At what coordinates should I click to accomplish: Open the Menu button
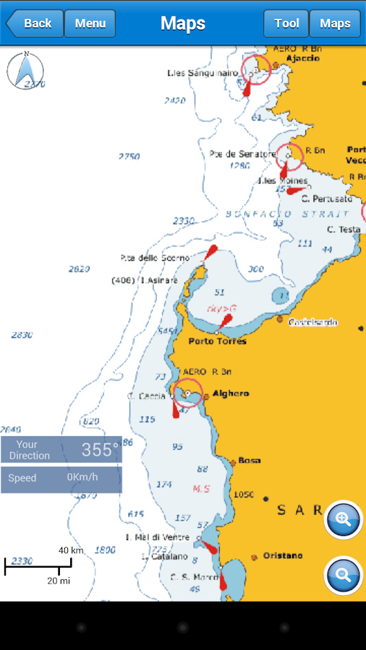tap(90, 23)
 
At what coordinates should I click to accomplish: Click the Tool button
tap(286, 23)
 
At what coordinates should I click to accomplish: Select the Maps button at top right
tap(335, 23)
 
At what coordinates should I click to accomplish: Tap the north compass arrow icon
tap(25, 71)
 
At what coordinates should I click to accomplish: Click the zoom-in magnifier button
tap(343, 519)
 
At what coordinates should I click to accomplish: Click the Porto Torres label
tap(217, 341)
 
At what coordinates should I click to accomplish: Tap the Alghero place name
tap(231, 394)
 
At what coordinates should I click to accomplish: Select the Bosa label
tap(250, 460)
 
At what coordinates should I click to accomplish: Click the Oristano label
tap(282, 556)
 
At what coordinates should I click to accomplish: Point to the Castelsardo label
tap(312, 322)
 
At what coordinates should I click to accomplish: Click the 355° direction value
tap(99, 450)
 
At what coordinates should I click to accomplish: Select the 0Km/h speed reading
tap(82, 477)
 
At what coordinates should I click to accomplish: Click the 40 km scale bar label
tap(71, 550)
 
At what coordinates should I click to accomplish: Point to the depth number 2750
tap(129, 156)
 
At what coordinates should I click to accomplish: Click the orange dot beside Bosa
tap(233, 461)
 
